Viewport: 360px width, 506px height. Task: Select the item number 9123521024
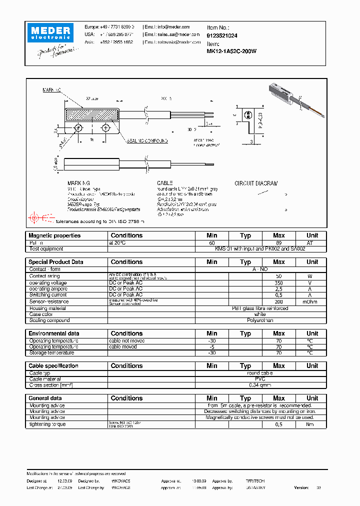coord(222,36)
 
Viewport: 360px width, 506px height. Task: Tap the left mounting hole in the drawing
coord(79,128)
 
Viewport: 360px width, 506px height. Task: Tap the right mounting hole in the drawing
coord(105,128)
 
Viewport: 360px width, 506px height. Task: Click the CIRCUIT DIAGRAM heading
coord(256,183)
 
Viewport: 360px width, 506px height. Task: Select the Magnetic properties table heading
coord(54,235)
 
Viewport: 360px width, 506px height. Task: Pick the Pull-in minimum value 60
coord(211,242)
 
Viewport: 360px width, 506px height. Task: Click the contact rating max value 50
coord(278,276)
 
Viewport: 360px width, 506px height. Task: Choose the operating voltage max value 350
coord(278,282)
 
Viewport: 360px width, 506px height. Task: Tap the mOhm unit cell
coord(312,301)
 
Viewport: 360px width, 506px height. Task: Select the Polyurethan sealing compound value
coord(260,320)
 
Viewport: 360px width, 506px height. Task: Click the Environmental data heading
coord(54,333)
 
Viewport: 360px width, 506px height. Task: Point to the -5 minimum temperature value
coord(211,346)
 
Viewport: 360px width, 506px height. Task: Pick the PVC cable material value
coord(260,379)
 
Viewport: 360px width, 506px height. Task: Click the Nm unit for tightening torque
coord(312,424)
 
